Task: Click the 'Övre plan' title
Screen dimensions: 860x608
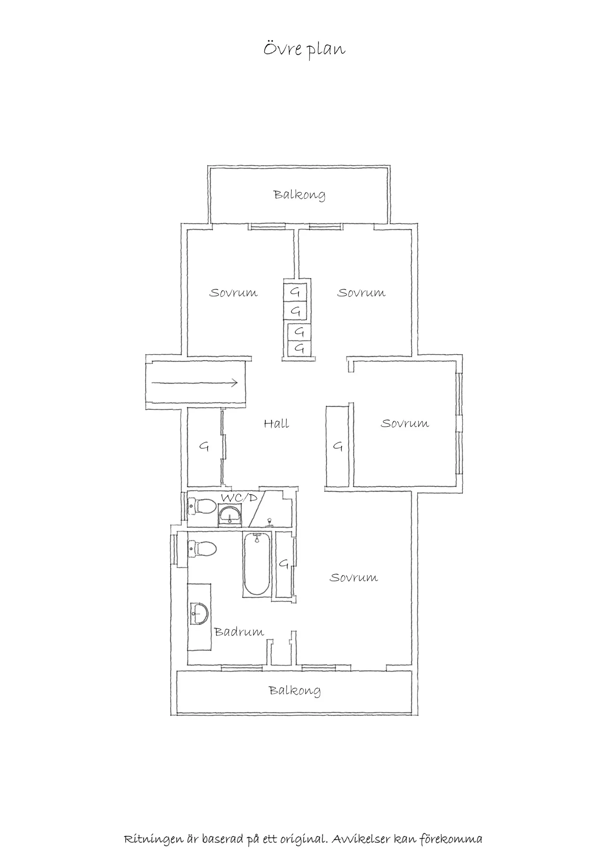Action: (x=304, y=49)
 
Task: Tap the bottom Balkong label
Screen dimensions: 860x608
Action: (x=295, y=690)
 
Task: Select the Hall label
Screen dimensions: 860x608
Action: (x=276, y=424)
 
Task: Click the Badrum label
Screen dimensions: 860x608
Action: (x=239, y=632)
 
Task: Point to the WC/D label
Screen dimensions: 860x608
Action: (x=239, y=498)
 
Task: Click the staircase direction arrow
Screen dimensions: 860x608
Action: (x=194, y=383)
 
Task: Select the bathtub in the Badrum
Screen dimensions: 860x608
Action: (x=256, y=565)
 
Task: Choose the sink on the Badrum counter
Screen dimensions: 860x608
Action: (x=199, y=613)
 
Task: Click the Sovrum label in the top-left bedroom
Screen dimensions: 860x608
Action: (x=233, y=293)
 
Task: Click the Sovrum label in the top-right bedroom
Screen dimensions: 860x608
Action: (x=361, y=293)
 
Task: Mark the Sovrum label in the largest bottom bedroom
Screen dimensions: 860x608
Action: (x=353, y=577)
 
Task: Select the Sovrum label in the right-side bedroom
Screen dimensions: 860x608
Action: (x=405, y=423)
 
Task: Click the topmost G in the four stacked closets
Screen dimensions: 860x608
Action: (x=295, y=292)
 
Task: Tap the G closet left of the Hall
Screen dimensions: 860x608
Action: (x=204, y=446)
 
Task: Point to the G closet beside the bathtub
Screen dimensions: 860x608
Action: (x=284, y=563)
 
